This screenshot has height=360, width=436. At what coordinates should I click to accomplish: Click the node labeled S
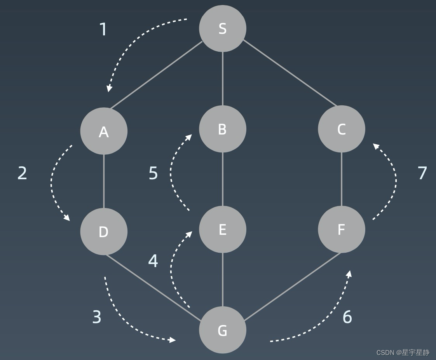(x=222, y=28)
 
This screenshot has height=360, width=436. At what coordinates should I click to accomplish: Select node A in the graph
(x=104, y=131)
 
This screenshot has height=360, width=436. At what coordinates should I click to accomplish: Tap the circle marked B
(x=222, y=129)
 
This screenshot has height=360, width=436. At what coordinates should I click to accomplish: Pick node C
(x=341, y=129)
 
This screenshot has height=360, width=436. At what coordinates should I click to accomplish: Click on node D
(x=104, y=231)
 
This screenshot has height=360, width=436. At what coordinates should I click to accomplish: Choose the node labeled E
(x=222, y=229)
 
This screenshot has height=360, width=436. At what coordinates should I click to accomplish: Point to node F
(x=341, y=229)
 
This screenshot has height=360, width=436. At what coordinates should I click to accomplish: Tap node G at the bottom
(x=222, y=330)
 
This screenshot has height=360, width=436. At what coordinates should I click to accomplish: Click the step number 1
(x=103, y=30)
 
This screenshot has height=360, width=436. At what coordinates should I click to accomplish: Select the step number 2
(x=23, y=173)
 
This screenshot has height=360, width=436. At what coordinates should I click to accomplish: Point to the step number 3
(x=97, y=317)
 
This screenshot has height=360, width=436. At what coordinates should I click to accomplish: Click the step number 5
(x=153, y=173)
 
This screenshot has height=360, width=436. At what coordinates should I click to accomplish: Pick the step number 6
(x=347, y=317)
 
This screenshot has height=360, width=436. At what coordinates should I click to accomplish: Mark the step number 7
(x=422, y=173)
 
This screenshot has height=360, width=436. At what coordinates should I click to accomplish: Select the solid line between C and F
(x=341, y=179)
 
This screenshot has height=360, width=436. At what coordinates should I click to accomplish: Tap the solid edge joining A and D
(x=104, y=181)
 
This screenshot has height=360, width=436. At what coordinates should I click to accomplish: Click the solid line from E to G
(x=222, y=280)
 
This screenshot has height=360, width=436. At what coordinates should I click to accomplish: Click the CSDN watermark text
(x=403, y=353)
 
